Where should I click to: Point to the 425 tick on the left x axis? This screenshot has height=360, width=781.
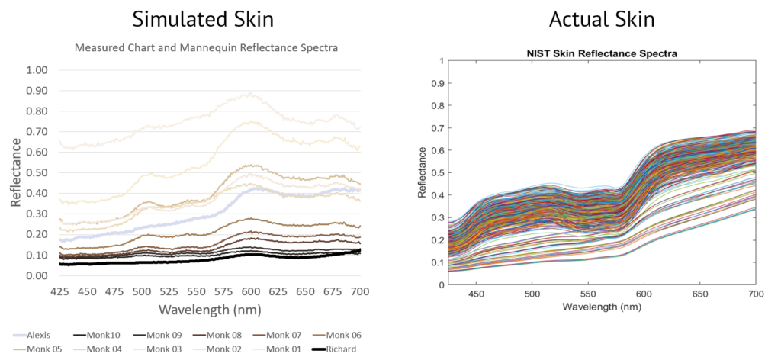(59, 291)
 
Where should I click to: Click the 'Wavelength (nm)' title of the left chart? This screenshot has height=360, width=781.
(210, 310)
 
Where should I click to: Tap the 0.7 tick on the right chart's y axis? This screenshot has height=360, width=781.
(437, 127)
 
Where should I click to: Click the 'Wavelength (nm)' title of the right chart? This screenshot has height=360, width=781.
(602, 306)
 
